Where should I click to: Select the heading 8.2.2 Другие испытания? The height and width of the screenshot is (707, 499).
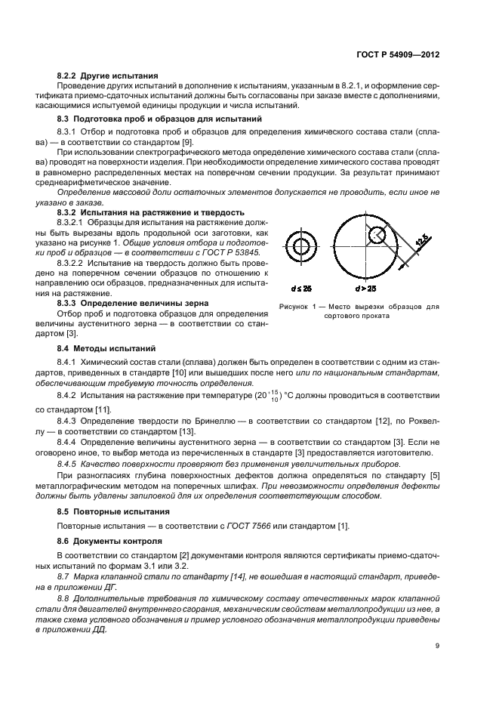point(107,76)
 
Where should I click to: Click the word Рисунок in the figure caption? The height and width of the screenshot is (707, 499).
point(294,307)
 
